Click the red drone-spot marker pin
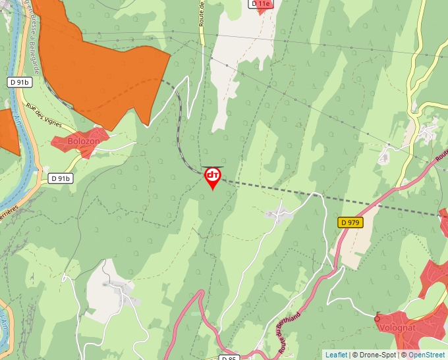point(213,176)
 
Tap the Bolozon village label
point(84,141)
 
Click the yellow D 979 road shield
point(350,222)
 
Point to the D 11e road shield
point(261,3)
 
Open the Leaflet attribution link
point(336,355)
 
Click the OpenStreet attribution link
point(427,355)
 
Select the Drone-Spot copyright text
point(376,355)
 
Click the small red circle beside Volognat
point(378,319)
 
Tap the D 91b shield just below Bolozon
point(61,178)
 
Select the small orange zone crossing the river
point(8,132)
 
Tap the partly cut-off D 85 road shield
point(229,357)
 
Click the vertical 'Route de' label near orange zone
point(202,13)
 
